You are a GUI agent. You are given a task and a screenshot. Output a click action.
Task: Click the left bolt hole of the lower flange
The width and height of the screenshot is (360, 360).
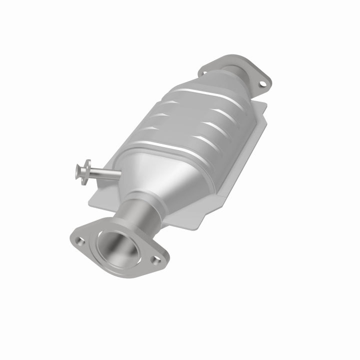coord(80,241)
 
